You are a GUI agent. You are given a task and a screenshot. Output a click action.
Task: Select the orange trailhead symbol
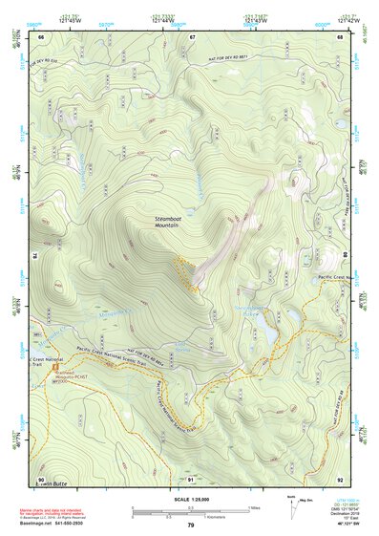tap(55, 366)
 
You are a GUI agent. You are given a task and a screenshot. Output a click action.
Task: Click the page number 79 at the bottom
tap(190, 525)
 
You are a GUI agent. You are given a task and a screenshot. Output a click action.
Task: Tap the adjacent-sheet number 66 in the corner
tap(41, 36)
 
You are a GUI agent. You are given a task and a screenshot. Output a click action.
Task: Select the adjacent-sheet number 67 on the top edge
tap(191, 36)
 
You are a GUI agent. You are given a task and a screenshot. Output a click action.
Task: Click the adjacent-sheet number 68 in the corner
tap(340, 36)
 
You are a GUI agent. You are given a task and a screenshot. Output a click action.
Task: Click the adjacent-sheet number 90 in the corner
tap(41, 478)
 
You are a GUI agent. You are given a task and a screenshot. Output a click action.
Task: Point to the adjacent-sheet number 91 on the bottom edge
tap(191, 478)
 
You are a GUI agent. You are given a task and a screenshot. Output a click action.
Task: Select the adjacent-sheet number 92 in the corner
tap(340, 478)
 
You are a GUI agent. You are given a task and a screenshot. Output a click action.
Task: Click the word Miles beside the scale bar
tap(255, 507)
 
